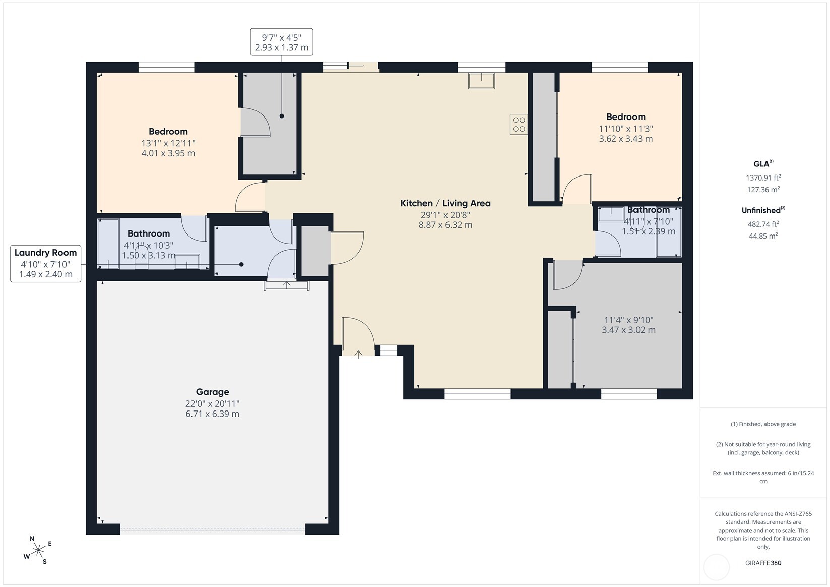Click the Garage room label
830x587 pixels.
click(212, 392)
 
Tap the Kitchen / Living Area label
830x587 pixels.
click(445, 203)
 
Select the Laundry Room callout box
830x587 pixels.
click(45, 264)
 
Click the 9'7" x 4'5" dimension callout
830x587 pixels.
click(282, 42)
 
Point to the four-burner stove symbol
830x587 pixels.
click(519, 124)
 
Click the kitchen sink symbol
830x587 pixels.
click(481, 81)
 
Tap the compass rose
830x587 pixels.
click(38, 550)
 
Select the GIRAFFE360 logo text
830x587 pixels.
click(763, 563)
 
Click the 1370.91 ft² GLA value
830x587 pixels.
click(763, 178)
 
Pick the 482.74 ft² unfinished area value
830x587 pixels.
click(763, 224)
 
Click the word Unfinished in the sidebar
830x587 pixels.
click(761, 211)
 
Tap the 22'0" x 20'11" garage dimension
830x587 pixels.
click(212, 404)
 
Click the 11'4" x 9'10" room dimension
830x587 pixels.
click(629, 320)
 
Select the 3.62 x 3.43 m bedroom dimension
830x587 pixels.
click(626, 139)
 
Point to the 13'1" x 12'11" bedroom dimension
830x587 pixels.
click(168, 143)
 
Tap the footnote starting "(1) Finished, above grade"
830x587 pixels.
click(763, 424)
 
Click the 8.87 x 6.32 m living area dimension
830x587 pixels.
click(445, 225)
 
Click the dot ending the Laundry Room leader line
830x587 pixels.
click(241, 264)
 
